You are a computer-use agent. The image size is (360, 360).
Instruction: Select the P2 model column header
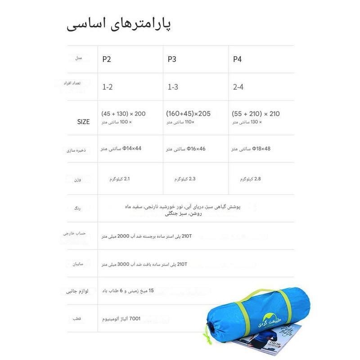click(107, 59)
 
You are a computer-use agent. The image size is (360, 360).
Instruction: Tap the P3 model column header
click(172, 59)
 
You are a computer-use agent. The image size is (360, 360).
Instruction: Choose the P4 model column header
click(237, 59)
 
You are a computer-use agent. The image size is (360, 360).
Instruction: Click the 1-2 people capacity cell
click(107, 87)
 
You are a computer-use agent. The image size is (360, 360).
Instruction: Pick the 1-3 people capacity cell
click(173, 87)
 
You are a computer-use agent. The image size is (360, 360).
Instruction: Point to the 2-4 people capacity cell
click(238, 87)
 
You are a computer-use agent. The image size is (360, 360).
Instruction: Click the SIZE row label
click(83, 121)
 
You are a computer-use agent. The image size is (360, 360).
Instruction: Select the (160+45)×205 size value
click(188, 113)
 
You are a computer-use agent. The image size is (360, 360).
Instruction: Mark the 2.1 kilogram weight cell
click(120, 179)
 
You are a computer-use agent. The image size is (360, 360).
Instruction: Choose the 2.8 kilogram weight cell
click(251, 179)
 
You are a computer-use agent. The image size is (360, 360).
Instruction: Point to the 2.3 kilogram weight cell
click(185, 179)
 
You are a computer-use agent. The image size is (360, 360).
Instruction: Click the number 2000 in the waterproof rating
click(123, 235)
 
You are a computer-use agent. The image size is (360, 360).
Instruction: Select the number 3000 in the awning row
click(123, 265)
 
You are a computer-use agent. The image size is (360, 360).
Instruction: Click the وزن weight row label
click(78, 180)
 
